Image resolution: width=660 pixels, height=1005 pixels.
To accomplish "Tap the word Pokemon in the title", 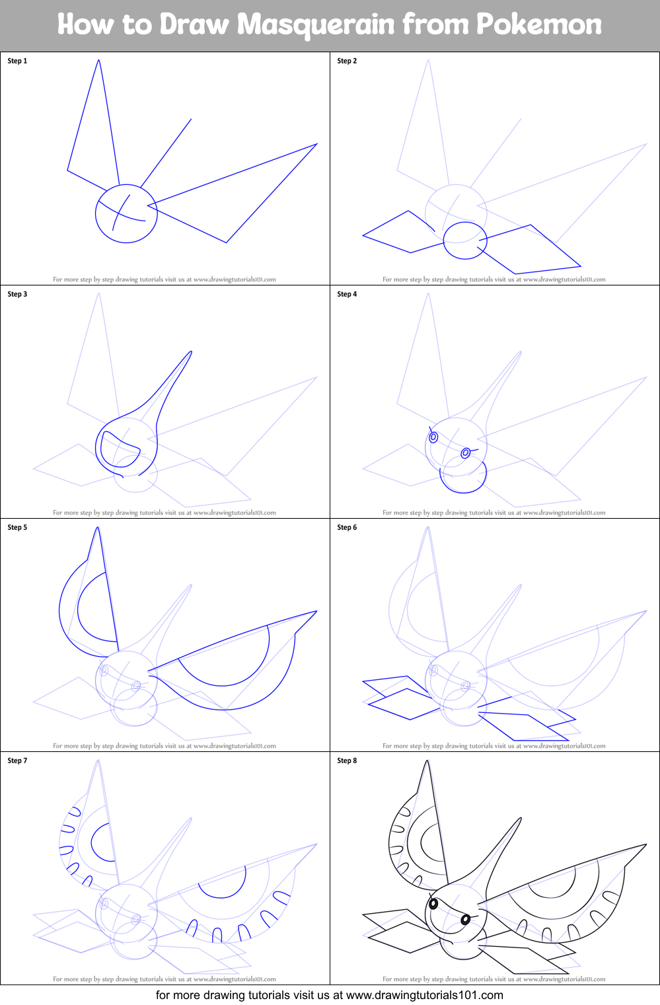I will click(538, 25).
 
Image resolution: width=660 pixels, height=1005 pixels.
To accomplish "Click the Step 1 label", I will click(17, 61).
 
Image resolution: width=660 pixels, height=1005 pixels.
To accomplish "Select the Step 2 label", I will click(347, 61).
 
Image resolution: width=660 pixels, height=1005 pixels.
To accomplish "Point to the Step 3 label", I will click(17, 294).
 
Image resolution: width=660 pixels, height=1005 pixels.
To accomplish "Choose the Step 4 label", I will click(347, 294).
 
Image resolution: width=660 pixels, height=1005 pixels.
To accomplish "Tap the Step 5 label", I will click(17, 527).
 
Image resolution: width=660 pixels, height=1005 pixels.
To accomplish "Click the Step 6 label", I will click(347, 527).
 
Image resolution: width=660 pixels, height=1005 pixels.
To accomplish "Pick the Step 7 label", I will click(17, 761).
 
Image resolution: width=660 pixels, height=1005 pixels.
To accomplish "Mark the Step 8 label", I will click(347, 761).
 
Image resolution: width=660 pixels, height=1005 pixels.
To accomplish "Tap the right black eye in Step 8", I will click(465, 919).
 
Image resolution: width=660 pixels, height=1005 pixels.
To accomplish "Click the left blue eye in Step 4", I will click(433, 437).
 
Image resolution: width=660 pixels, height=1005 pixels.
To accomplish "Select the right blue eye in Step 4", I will click(465, 453).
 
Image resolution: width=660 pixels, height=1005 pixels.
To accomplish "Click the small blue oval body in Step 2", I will click(464, 241).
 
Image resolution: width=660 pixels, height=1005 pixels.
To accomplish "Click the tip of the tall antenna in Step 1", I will click(99, 61).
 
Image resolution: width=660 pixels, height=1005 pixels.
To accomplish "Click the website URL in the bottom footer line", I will click(424, 995).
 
